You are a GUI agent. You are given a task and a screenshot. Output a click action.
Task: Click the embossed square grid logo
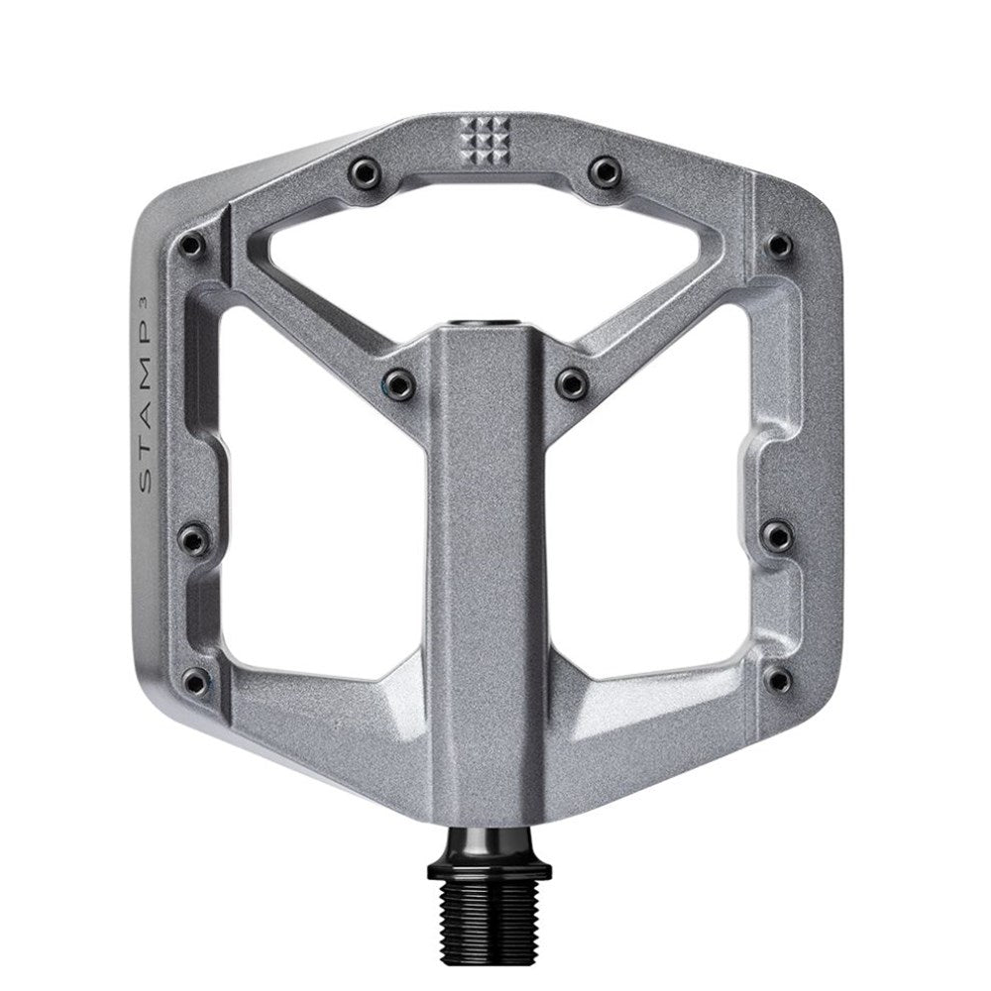pos(485,139)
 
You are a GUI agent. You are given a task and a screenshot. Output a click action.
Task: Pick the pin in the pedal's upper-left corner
pos(192,243)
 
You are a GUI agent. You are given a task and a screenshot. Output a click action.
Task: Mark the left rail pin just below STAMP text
pos(192,538)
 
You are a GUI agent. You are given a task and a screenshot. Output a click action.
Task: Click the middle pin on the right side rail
pos(779,535)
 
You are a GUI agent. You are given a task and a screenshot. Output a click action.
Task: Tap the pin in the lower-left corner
pos(196,679)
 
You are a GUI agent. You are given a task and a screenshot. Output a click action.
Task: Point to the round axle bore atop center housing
pos(486,324)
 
